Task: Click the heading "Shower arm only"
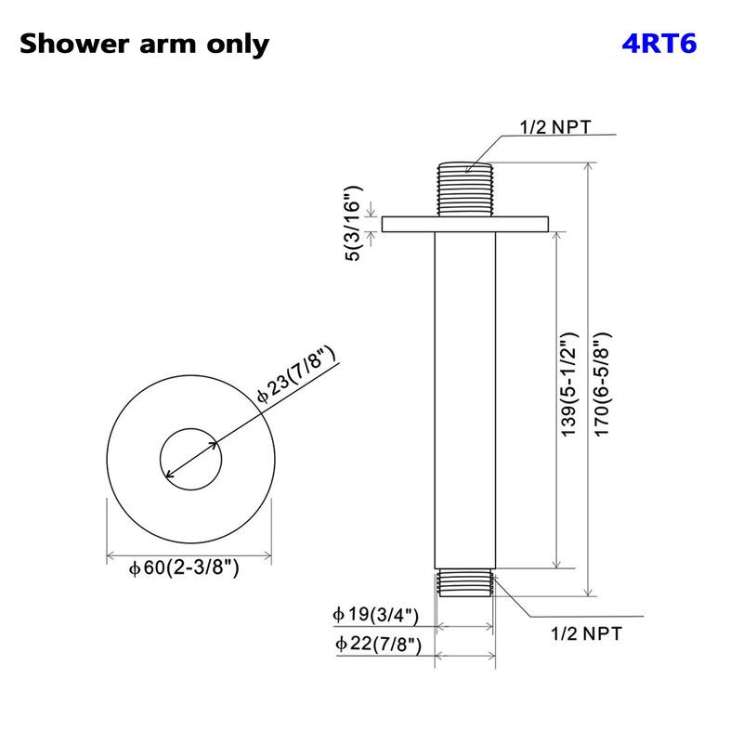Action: click(x=144, y=44)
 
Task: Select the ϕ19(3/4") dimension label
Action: click(x=376, y=615)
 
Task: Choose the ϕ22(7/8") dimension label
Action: click(x=376, y=643)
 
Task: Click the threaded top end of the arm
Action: click(x=465, y=189)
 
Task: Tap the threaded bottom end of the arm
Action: click(x=465, y=581)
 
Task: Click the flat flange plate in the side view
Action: click(x=465, y=224)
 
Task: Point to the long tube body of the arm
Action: click(x=465, y=399)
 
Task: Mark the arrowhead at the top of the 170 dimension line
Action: click(x=587, y=165)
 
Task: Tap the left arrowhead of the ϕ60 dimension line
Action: click(x=111, y=558)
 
